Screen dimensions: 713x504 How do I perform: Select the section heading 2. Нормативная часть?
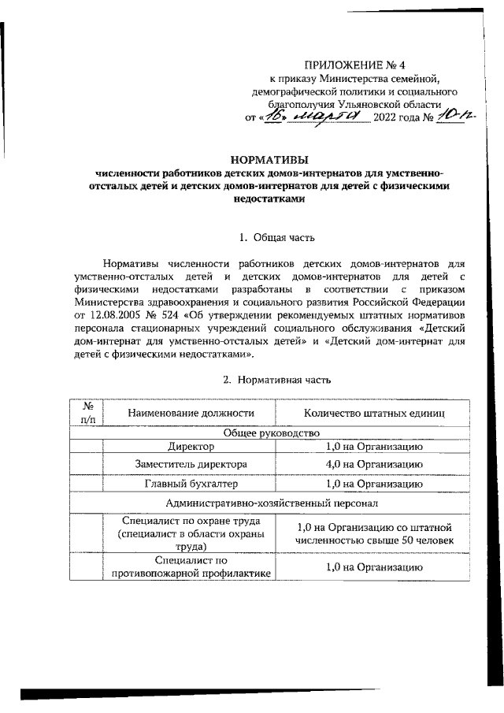pyautogui.click(x=276, y=380)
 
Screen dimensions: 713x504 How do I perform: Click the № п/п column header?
pyautogui.click(x=87, y=413)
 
